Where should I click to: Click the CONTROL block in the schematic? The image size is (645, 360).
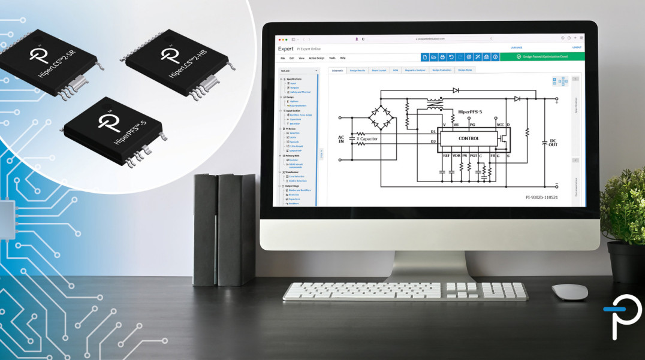pos(469,138)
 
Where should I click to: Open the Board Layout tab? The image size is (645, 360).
pos(379,70)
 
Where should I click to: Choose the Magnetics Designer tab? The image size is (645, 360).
pos(415,70)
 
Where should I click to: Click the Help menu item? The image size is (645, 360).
pos(343,58)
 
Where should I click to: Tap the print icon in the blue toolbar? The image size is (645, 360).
pos(442,57)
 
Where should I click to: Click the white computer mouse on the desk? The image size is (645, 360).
pos(569,292)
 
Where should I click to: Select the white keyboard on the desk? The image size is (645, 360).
pos(405,291)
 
